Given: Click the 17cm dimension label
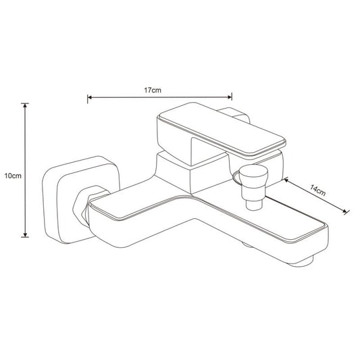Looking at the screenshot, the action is click(x=153, y=90).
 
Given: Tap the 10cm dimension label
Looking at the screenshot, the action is click(x=13, y=176).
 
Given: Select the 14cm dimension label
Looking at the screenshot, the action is click(x=317, y=190).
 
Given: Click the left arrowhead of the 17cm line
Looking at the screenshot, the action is click(x=90, y=97).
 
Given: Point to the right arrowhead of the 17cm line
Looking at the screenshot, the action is click(x=230, y=97).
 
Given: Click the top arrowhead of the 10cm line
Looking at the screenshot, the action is click(x=25, y=105).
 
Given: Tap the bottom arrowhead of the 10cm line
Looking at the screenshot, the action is click(x=25, y=234).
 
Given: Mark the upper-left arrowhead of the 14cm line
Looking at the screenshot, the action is click(x=286, y=180).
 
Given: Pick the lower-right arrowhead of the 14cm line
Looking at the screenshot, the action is click(x=344, y=211).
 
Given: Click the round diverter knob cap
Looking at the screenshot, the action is click(x=253, y=174).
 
